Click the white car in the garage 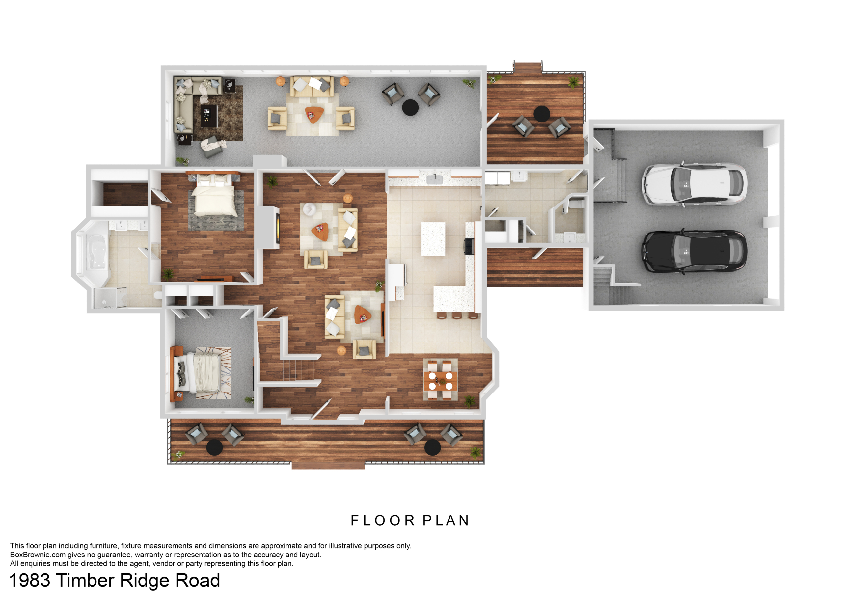694,184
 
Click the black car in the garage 694,252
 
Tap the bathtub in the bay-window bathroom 96,252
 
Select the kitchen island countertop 433,239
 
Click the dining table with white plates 441,381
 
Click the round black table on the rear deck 542,114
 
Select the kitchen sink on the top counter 435,180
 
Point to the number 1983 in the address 30,581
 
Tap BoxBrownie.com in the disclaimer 38,555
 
